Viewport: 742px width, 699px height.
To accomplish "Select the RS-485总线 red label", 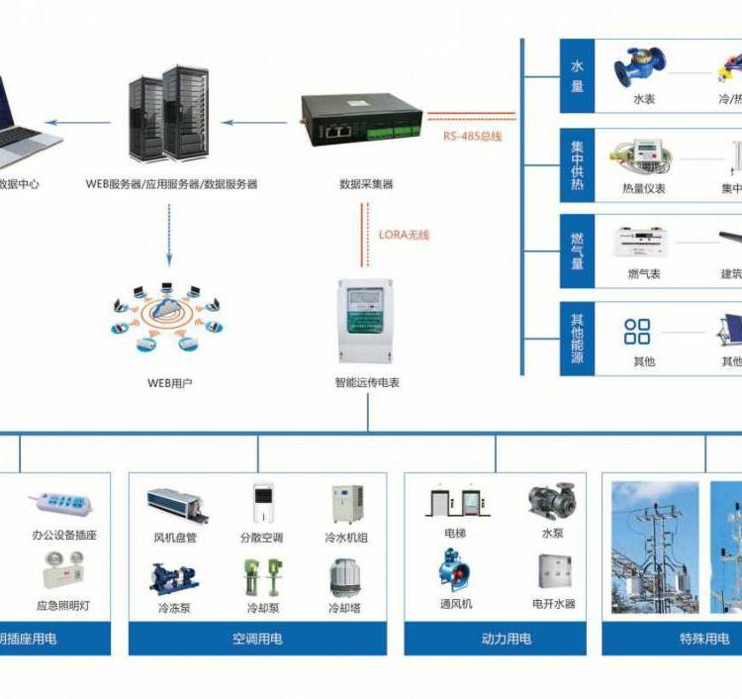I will pos(472,136).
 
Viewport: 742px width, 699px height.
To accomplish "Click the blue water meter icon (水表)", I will pos(640,67).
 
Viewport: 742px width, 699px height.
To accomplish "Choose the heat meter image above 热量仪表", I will pos(641,154).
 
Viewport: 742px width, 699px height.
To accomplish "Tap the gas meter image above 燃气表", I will pos(642,242).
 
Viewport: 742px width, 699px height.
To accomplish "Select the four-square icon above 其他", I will pos(638,332).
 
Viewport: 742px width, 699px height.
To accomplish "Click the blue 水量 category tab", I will pos(578,76).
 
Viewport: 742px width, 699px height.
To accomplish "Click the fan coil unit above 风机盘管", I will pos(178,505).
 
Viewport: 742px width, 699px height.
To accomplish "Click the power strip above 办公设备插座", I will pos(64,505).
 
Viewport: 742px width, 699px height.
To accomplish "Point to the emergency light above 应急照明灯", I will pos(63,572).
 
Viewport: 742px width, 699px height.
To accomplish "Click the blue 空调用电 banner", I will pos(257,639).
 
